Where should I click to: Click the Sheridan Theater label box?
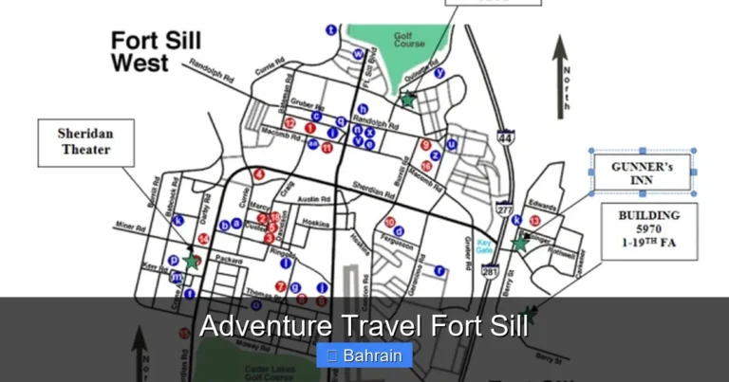click(85, 142)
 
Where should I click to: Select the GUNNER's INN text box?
click(643, 173)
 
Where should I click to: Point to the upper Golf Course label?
click(409, 40)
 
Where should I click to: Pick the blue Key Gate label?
click(484, 246)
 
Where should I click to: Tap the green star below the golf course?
click(407, 99)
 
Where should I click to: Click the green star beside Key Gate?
click(519, 244)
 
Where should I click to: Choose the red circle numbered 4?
click(259, 174)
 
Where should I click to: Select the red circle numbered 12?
click(289, 124)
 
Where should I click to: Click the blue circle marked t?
click(331, 29)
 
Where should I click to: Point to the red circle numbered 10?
click(390, 222)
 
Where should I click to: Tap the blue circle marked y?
click(439, 73)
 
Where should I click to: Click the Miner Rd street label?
click(130, 227)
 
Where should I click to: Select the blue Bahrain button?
click(364, 356)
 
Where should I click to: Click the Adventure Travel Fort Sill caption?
click(364, 327)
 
